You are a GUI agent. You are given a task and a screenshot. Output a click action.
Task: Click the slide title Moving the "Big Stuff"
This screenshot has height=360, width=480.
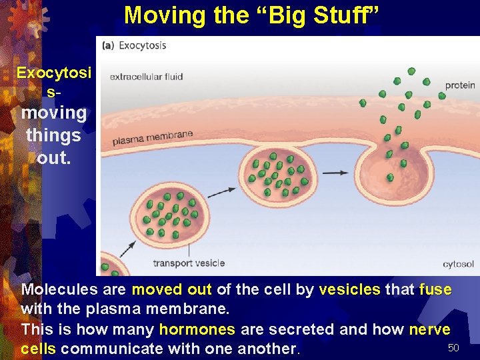pyautogui.click(x=253, y=15)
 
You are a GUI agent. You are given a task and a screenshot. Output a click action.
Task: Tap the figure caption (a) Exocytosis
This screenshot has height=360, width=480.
pyautogui.click(x=134, y=45)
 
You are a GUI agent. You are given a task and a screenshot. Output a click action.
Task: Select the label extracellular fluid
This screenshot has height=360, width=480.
pyautogui.click(x=146, y=77)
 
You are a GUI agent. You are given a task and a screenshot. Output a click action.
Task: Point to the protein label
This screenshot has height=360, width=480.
pyautogui.click(x=460, y=85)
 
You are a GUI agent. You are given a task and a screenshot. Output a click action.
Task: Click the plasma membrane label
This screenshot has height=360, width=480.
pyautogui.click(x=153, y=138)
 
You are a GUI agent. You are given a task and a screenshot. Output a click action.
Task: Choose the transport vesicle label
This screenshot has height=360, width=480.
pyautogui.click(x=189, y=263)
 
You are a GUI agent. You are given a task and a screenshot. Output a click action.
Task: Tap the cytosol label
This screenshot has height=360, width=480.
pyautogui.click(x=458, y=264)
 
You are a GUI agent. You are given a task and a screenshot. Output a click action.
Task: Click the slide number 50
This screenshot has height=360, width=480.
pyautogui.click(x=453, y=348)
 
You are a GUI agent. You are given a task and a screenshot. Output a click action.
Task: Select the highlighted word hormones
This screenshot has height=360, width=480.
pyautogui.click(x=197, y=329)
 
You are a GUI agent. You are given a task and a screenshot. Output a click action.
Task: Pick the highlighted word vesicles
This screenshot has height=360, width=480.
pyautogui.click(x=349, y=290)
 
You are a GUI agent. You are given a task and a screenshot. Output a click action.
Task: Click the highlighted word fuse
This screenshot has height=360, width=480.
pyautogui.click(x=435, y=290)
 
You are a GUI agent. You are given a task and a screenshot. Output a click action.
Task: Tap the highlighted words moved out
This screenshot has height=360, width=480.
pyautogui.click(x=171, y=290)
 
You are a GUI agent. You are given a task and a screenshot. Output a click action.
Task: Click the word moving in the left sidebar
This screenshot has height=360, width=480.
pyautogui.click(x=53, y=113)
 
